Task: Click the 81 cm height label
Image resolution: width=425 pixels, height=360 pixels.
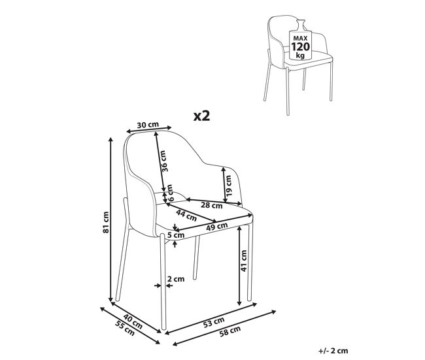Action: coord(106,222)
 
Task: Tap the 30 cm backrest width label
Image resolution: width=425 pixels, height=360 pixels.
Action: coord(148,125)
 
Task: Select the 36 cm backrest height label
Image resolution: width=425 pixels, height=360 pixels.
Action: coord(164,161)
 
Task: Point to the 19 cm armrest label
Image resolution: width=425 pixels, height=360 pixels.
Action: coord(228,186)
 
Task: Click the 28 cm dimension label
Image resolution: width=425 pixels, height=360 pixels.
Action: coord(211,205)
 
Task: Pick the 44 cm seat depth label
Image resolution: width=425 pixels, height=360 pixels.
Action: coord(186,215)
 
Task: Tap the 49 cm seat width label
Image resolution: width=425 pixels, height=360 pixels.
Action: coord(217,226)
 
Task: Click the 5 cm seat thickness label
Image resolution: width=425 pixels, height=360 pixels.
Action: coord(176,235)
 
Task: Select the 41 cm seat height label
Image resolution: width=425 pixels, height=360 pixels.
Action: coord(244,261)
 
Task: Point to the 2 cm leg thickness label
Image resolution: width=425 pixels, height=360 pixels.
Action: coord(176,279)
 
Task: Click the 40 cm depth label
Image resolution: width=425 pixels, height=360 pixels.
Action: coord(133,321)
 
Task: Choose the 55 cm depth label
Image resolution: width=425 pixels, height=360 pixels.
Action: coord(125,328)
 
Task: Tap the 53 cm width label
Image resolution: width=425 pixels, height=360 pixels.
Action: coord(214,322)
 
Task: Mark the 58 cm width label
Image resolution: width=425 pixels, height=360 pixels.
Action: coord(230,331)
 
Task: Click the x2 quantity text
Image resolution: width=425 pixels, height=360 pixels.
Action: coord(202,116)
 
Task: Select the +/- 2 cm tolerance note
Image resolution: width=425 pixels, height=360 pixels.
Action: coord(333,350)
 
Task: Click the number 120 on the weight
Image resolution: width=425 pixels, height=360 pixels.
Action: coord(300,47)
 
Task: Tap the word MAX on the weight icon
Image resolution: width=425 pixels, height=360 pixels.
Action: coord(300,39)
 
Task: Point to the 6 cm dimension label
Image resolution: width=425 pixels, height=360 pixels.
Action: coord(170,193)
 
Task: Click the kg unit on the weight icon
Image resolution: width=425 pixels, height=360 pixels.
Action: coord(300,56)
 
